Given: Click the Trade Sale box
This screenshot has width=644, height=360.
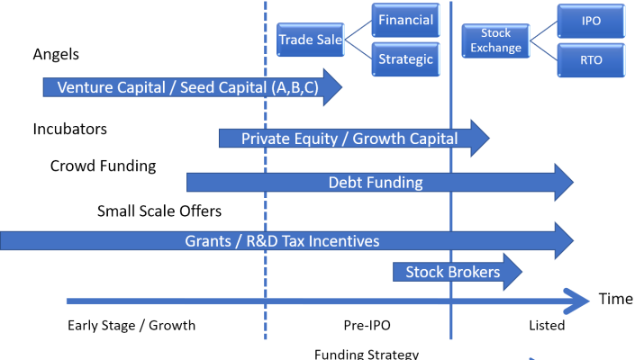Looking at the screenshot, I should point(309,40).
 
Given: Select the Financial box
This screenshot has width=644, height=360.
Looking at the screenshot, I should point(405,21).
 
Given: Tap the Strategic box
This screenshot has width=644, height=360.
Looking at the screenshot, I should point(405,59).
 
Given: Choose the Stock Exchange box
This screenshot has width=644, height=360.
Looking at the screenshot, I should point(495,40).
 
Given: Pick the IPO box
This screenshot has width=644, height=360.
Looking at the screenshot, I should point(591,21).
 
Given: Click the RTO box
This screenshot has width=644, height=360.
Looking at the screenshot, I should point(591,60).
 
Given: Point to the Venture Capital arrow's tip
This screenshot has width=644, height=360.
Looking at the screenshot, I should point(340,87).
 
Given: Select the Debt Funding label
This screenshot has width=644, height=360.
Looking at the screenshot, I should point(375,183).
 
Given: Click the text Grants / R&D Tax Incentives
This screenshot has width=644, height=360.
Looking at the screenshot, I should point(282,241).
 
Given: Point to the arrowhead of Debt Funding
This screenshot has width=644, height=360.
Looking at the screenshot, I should point(569,183).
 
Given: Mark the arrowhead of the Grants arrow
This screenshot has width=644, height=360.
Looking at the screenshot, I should point(569,240).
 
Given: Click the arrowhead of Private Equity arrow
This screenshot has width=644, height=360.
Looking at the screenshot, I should point(485,139).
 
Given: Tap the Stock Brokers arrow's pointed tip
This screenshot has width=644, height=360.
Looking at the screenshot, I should point(521,272).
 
